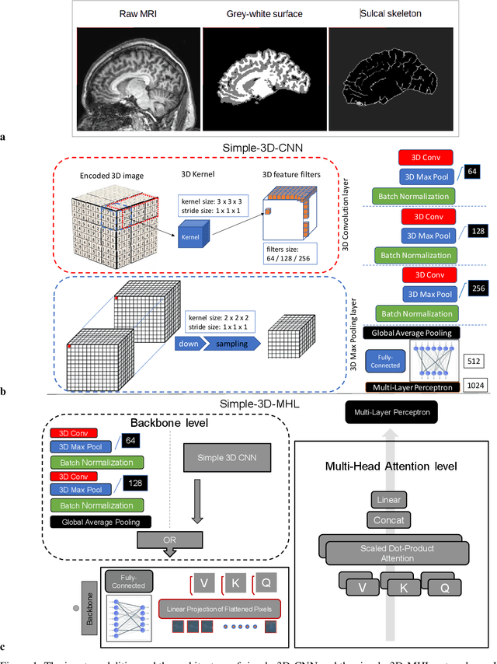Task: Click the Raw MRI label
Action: [137, 14]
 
